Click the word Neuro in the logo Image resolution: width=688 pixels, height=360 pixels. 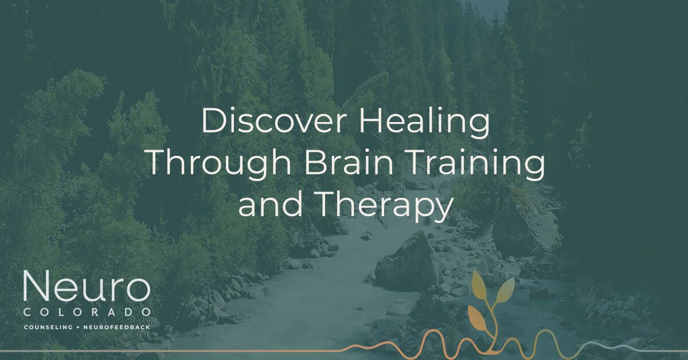[x=86, y=288]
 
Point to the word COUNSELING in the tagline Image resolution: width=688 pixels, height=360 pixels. [x=49, y=327]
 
